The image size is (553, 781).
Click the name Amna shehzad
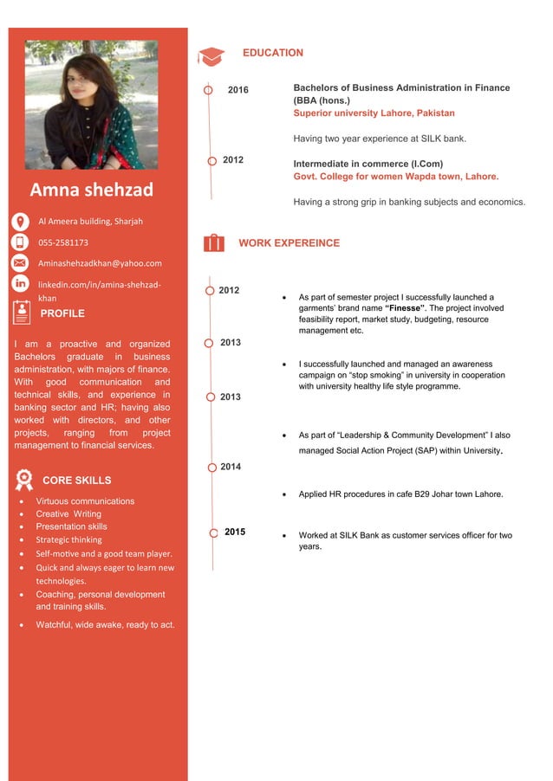click(x=91, y=190)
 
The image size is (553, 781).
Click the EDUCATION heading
click(x=272, y=53)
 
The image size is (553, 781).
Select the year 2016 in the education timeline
click(x=237, y=90)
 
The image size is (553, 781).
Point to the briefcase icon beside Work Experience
click(x=213, y=243)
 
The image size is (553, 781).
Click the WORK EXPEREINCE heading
click(x=289, y=243)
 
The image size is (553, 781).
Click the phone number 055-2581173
click(x=62, y=242)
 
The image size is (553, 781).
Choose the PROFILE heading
click(x=62, y=313)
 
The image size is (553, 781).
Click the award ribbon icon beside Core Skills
click(x=24, y=480)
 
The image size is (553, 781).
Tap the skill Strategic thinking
click(x=68, y=539)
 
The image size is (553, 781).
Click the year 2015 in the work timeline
click(x=235, y=532)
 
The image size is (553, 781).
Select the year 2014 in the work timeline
click(x=231, y=467)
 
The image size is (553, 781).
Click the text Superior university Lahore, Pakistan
click(x=374, y=113)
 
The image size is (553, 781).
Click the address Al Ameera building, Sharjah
click(x=89, y=221)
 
